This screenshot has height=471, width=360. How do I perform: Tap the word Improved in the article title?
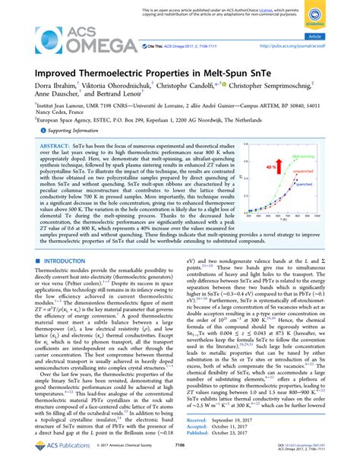tap(55, 75)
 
